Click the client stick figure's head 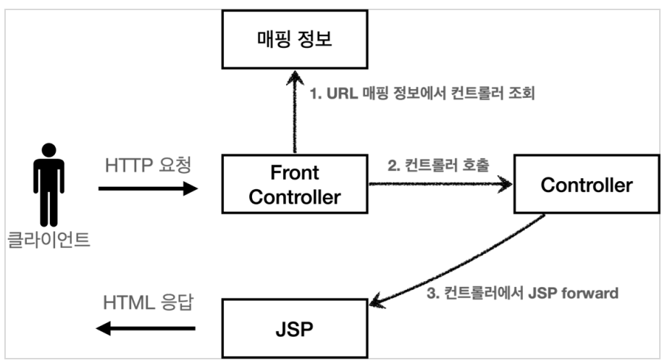point(49,150)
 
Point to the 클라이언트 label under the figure point(49,240)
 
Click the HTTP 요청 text point(148,165)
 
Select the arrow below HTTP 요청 point(148,188)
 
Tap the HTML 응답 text point(148,302)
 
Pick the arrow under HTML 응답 point(146,328)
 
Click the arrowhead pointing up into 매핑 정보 point(295,77)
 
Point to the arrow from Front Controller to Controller point(440,184)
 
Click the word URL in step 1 point(342,93)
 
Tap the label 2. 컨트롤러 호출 point(438,165)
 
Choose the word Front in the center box point(295,172)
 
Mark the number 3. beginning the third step point(433,293)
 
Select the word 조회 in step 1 point(522,93)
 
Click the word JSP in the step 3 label point(543,293)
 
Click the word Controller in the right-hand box point(587,185)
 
